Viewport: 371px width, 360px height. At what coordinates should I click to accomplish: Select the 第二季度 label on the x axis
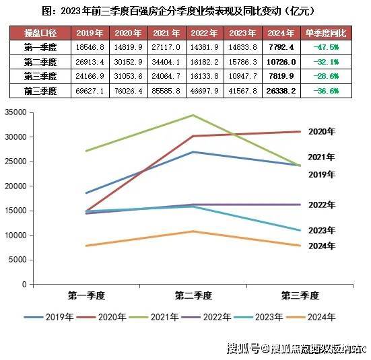(193, 295)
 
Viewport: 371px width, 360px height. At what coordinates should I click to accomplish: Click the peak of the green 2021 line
(193, 115)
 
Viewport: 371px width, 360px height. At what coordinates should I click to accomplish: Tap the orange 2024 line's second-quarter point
(193, 231)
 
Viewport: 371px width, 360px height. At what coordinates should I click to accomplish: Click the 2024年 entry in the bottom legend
(321, 317)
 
